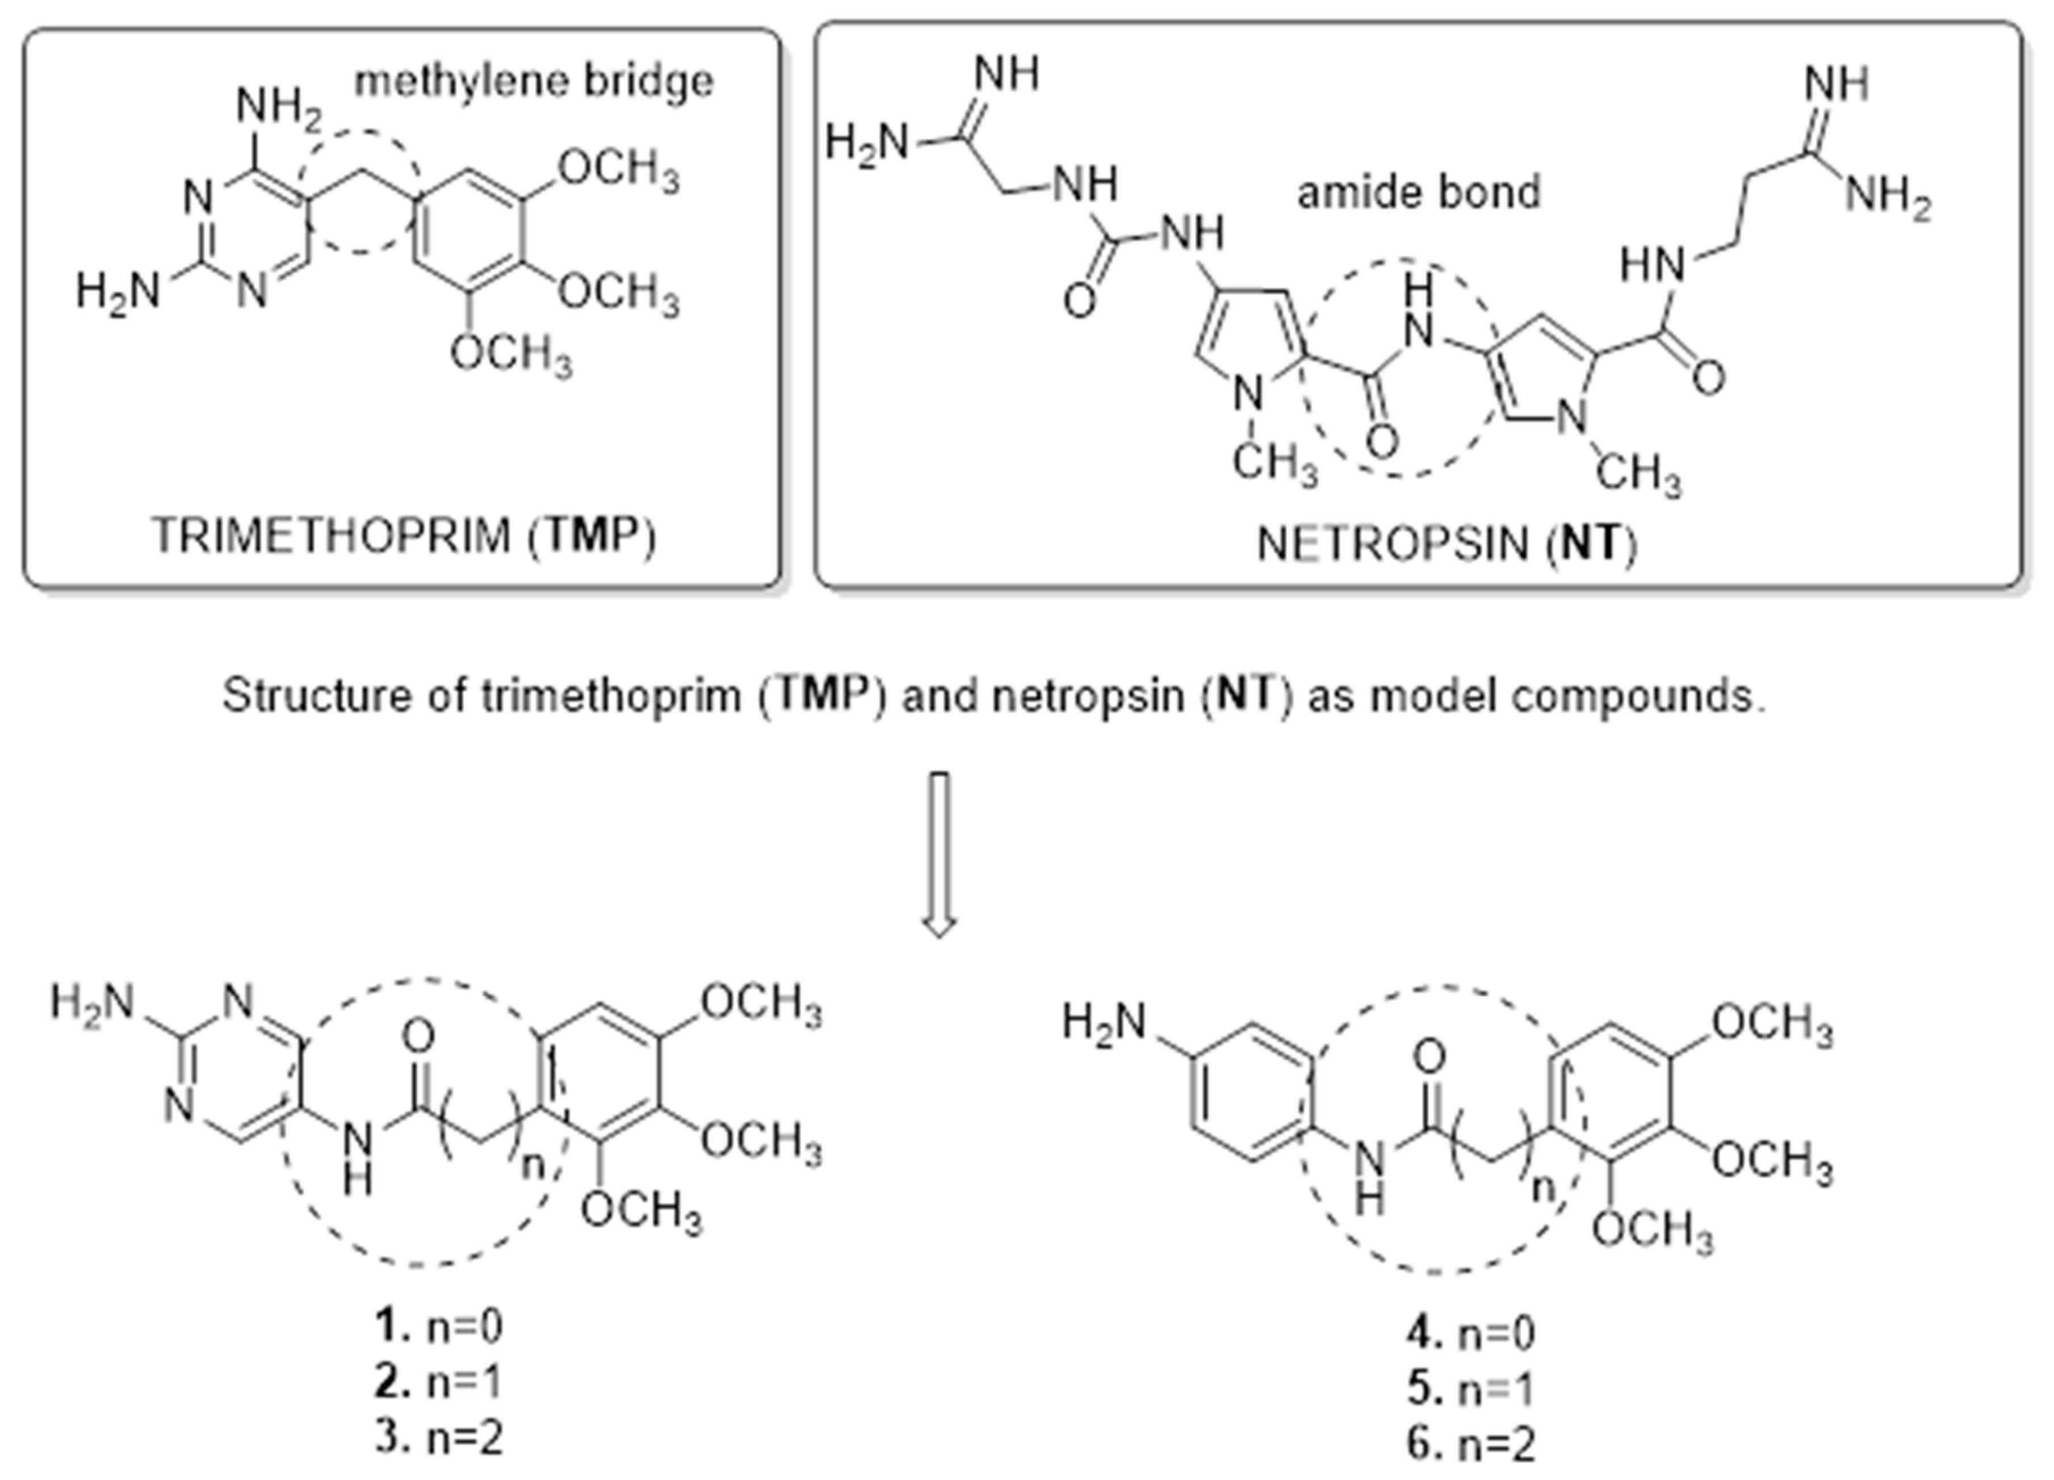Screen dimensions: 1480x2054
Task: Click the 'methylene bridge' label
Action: [534, 82]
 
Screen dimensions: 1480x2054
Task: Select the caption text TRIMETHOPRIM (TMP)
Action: [403, 536]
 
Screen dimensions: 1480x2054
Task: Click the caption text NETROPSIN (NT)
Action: [1447, 545]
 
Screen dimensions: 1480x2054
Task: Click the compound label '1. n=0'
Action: [439, 1327]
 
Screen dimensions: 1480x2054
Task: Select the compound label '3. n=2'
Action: [439, 1437]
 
